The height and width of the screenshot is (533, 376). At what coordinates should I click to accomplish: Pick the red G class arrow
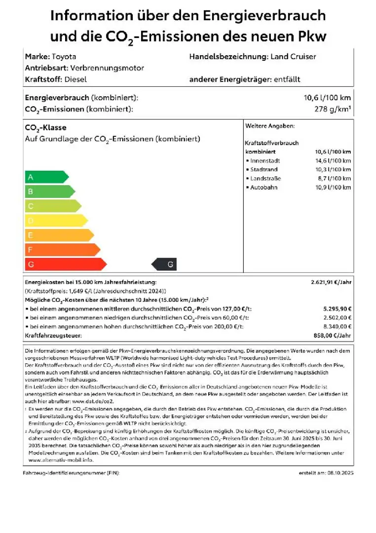pyautogui.click(x=65, y=265)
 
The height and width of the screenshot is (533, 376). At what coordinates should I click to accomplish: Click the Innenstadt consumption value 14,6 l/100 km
pyautogui.click(x=333, y=160)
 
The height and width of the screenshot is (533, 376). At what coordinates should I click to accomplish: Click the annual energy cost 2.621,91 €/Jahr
pyautogui.click(x=331, y=282)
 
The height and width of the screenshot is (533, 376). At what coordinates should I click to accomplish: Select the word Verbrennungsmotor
pyautogui.click(x=107, y=68)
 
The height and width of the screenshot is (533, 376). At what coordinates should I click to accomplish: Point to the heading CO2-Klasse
pyautogui.click(x=45, y=128)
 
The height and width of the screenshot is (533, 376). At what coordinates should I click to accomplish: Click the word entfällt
pyautogui.click(x=287, y=79)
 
